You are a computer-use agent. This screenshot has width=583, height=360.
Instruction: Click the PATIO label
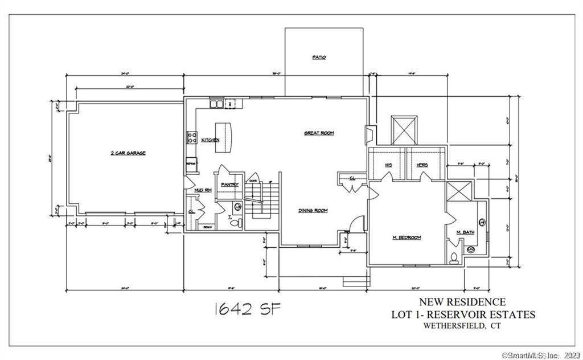coord(319,58)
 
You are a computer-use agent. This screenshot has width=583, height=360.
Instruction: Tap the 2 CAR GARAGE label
coord(128,153)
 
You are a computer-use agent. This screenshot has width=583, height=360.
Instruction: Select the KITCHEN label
coord(210,140)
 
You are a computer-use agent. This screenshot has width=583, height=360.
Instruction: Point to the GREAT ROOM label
coord(319,133)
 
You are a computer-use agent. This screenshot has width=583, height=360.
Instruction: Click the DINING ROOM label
coord(313,211)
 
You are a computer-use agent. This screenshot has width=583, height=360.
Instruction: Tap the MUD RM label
coord(203,190)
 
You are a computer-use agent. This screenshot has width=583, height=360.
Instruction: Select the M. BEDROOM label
coord(407,238)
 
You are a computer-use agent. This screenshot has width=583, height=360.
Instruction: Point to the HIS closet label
coord(388,165)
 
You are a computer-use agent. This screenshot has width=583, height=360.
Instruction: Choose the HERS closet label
coord(422,165)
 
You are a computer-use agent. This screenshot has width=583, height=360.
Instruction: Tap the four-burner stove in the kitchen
coord(192,137)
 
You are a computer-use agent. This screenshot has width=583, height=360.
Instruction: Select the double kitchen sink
coord(216,104)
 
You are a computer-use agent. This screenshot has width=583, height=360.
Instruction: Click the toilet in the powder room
coord(234,223)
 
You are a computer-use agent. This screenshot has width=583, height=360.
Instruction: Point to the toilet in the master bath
coord(454,257)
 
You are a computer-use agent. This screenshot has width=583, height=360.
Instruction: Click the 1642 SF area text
coord(247,309)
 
